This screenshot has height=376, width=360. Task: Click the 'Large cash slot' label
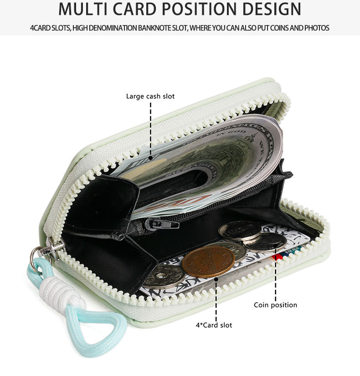[x=150, y=96]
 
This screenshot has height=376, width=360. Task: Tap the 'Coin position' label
[x=275, y=305]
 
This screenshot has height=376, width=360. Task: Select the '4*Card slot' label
[x=214, y=325]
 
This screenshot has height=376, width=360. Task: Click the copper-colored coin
[x=208, y=262]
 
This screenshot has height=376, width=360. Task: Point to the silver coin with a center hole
[x=163, y=276]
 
